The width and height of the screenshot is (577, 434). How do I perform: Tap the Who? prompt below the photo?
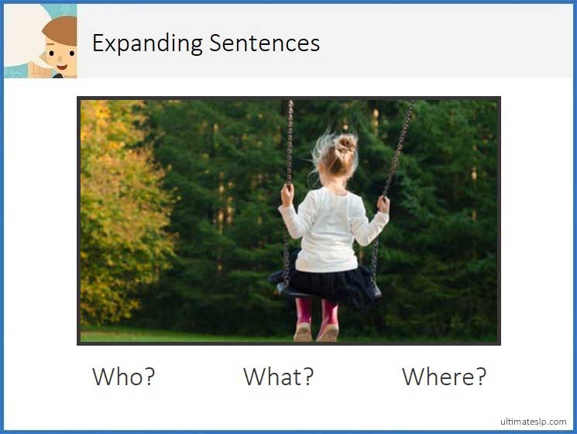(x=124, y=377)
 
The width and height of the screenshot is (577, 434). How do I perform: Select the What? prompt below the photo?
(x=279, y=377)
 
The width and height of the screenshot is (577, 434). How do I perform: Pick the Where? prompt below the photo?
(x=444, y=377)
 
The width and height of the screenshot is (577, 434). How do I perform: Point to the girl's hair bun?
(x=345, y=143)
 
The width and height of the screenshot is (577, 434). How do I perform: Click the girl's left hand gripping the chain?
(x=287, y=194)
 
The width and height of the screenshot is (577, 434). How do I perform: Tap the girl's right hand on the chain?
(x=383, y=204)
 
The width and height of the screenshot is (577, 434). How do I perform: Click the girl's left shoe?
(x=303, y=332)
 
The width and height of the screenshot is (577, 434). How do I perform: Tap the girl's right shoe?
(x=328, y=332)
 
